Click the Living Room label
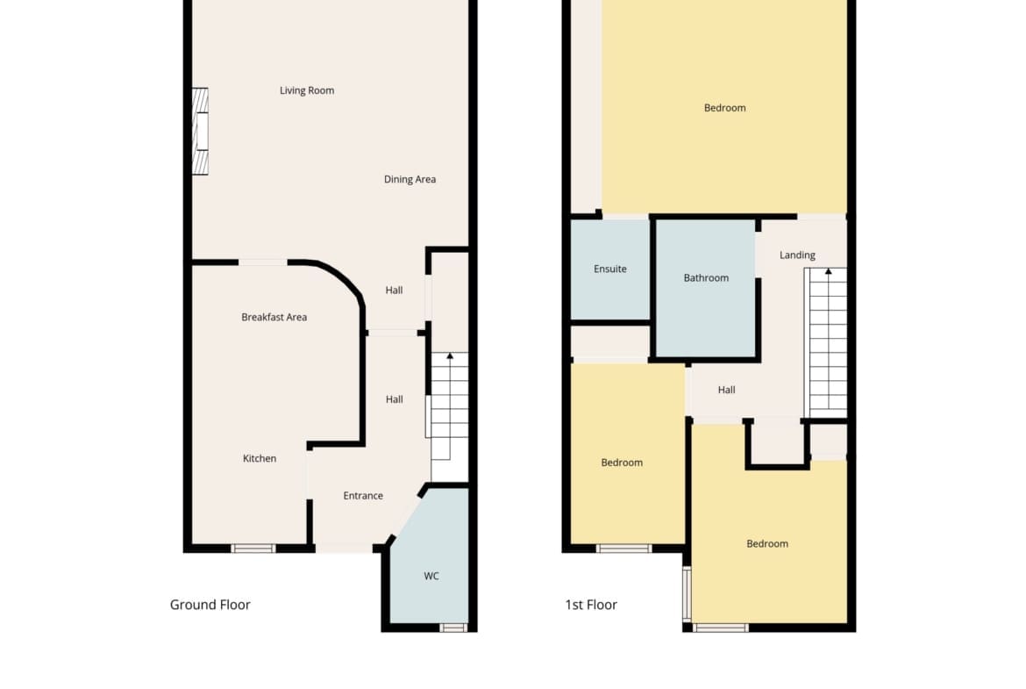307,90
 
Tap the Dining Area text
410,179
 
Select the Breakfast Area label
274,317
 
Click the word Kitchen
260,458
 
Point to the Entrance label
363,496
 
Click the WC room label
431,577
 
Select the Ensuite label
609,269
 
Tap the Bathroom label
706,277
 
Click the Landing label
797,255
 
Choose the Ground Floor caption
210,605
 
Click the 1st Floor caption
591,605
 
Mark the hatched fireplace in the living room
200,131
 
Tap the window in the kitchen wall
253,549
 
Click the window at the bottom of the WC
452,628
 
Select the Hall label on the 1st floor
726,390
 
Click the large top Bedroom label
724,108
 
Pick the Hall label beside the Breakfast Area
394,291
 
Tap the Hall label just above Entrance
394,399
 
